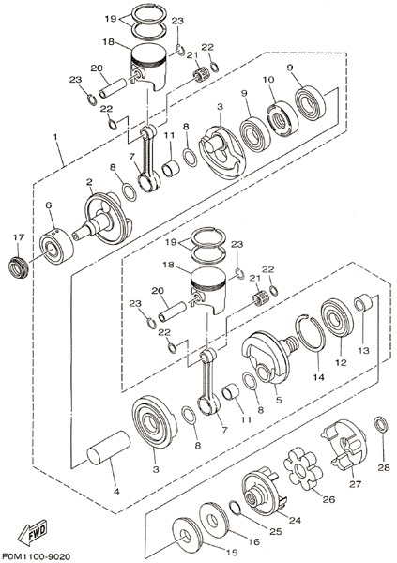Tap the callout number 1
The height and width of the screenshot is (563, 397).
pos(55,137)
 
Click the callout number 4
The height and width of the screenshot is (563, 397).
pos(116,492)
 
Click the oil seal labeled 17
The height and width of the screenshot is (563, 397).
pos(18,267)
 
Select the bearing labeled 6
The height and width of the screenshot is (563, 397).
pos(56,246)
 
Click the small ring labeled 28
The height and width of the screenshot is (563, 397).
pos(382,424)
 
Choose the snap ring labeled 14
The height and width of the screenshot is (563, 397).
pos(311,331)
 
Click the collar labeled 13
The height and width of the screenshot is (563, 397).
pos(363,303)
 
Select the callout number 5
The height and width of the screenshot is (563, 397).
pos(279,400)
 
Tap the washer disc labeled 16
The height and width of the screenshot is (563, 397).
pos(215,521)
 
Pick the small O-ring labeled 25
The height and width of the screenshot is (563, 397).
pos(234,508)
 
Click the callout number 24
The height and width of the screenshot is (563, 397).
pos(295,520)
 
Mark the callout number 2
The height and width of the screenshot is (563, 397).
pos(89,182)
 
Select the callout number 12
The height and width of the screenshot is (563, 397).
pos(341,362)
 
